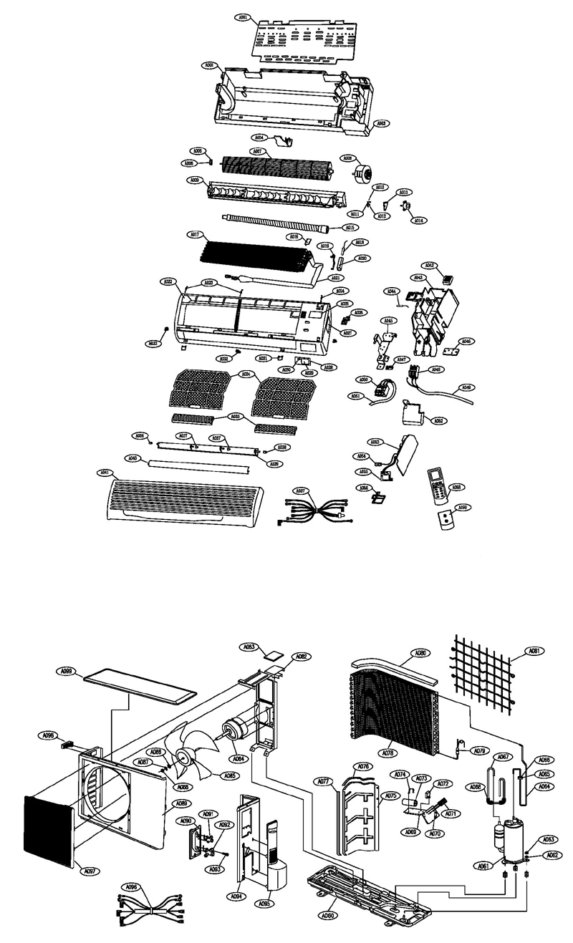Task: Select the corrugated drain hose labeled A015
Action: (x=272, y=223)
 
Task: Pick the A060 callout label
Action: (x=329, y=915)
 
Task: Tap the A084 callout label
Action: (x=238, y=759)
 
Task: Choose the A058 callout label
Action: (x=456, y=487)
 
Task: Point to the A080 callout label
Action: (x=420, y=653)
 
